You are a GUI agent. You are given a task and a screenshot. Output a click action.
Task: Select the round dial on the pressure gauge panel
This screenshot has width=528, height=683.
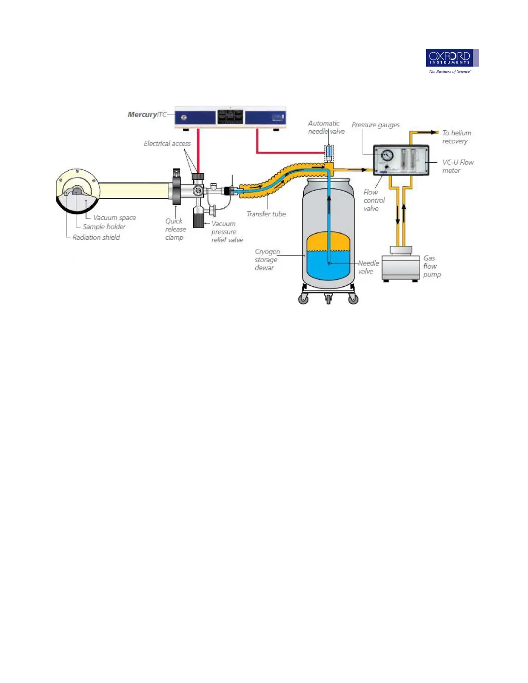tap(387, 155)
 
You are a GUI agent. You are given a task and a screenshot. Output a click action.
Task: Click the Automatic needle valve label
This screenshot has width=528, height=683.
tap(326, 127)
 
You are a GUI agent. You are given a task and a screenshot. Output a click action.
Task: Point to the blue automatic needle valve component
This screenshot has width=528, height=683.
tap(329, 152)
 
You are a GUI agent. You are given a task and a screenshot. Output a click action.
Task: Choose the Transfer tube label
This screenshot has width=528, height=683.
tap(266, 214)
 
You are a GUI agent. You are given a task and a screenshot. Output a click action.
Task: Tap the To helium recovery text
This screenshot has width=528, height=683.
tap(456, 137)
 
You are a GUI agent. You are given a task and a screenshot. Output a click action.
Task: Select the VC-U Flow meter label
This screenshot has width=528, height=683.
tap(458, 166)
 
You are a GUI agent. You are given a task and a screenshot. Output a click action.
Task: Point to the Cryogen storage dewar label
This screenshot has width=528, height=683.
tap(267, 260)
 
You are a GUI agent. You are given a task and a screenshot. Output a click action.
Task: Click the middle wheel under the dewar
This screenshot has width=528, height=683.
tap(328, 298)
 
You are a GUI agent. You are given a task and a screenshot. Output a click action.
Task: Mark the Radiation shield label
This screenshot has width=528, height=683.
tap(96, 237)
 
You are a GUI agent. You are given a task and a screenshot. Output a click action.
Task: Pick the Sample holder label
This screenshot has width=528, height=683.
tap(104, 227)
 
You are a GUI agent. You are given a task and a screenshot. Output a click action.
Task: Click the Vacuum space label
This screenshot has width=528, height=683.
tap(114, 218)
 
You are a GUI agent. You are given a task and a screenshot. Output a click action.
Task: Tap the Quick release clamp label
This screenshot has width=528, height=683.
tap(175, 229)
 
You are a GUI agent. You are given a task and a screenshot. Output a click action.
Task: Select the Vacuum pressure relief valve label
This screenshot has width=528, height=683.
tap(227, 232)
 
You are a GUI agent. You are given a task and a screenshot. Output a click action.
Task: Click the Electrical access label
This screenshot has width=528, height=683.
tap(167, 144)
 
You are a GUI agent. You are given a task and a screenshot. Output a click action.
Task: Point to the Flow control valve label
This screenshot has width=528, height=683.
tap(374, 201)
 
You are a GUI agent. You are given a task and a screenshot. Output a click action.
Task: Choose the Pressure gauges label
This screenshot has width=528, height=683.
tap(375, 125)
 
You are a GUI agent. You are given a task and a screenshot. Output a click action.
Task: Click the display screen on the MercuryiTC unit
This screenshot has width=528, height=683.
tap(230, 117)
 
